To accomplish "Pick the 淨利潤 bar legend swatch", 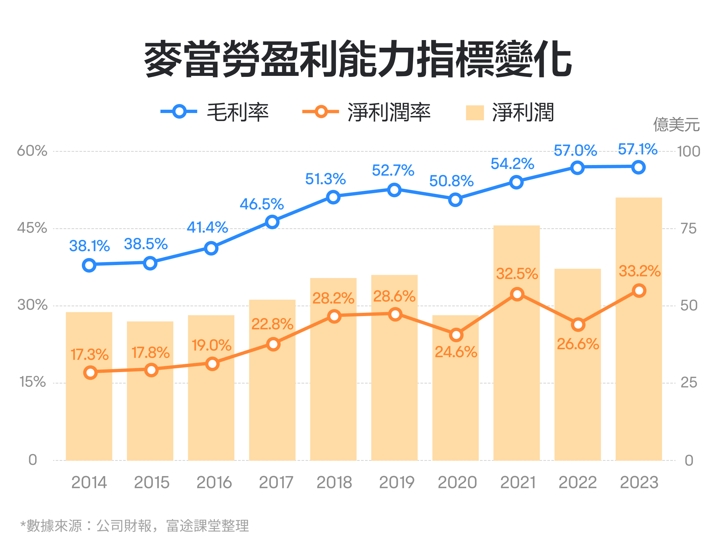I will tap(475, 113).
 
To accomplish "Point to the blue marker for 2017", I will tap(272, 222).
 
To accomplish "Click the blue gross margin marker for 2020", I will tap(455, 200).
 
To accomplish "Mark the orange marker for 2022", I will tap(578, 325).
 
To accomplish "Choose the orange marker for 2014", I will tap(90, 372).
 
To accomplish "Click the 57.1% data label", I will tap(638, 149).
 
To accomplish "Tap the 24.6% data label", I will tap(456, 352).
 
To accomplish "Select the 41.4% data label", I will tap(208, 227).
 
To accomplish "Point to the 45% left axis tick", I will tap(32, 228).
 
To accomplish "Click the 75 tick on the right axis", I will tap(688, 229).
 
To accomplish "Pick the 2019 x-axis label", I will tap(397, 482).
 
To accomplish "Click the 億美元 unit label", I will tap(676, 125).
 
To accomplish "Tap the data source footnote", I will tap(135, 526).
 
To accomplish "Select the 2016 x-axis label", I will tap(214, 482).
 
